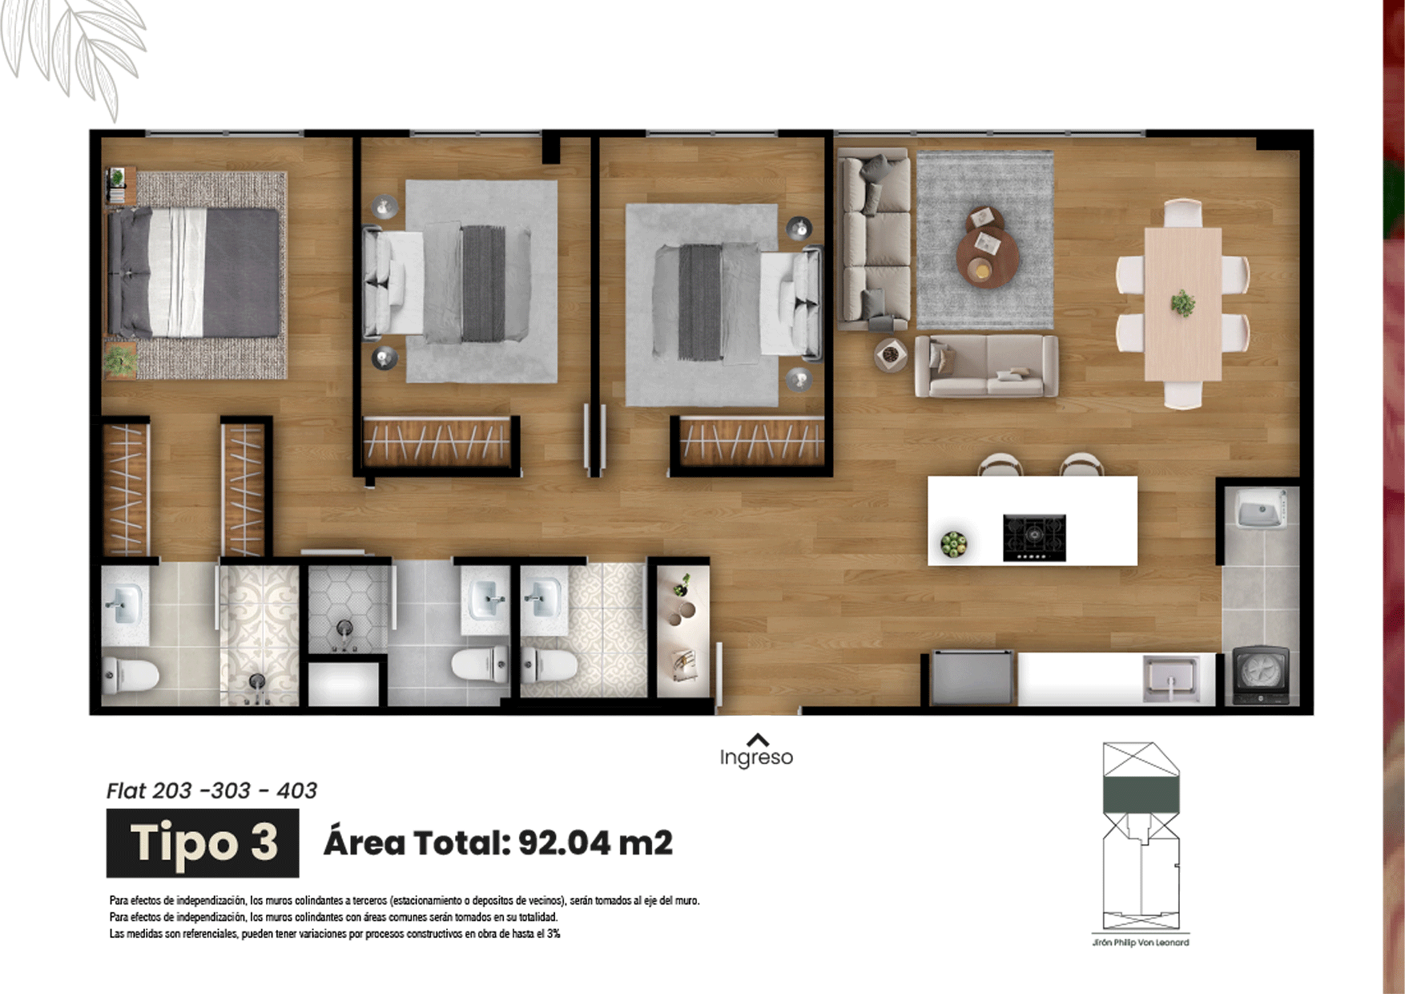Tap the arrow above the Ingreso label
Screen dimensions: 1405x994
point(757,740)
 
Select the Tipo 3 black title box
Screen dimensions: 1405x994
point(203,842)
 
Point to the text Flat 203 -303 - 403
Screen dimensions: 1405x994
point(211,791)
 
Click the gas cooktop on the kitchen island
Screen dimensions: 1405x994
point(1034,537)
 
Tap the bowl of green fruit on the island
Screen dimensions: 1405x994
point(953,544)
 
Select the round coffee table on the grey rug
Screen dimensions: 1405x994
point(987,256)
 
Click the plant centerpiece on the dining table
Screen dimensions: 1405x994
point(1182,304)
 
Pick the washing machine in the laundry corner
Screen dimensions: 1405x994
point(1261,676)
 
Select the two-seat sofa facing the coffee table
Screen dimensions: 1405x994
point(986,366)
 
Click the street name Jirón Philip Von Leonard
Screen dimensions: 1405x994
point(1141,943)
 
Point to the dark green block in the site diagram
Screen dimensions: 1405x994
point(1141,795)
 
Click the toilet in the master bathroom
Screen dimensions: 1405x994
point(131,675)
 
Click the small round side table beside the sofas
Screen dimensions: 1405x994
point(890,354)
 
